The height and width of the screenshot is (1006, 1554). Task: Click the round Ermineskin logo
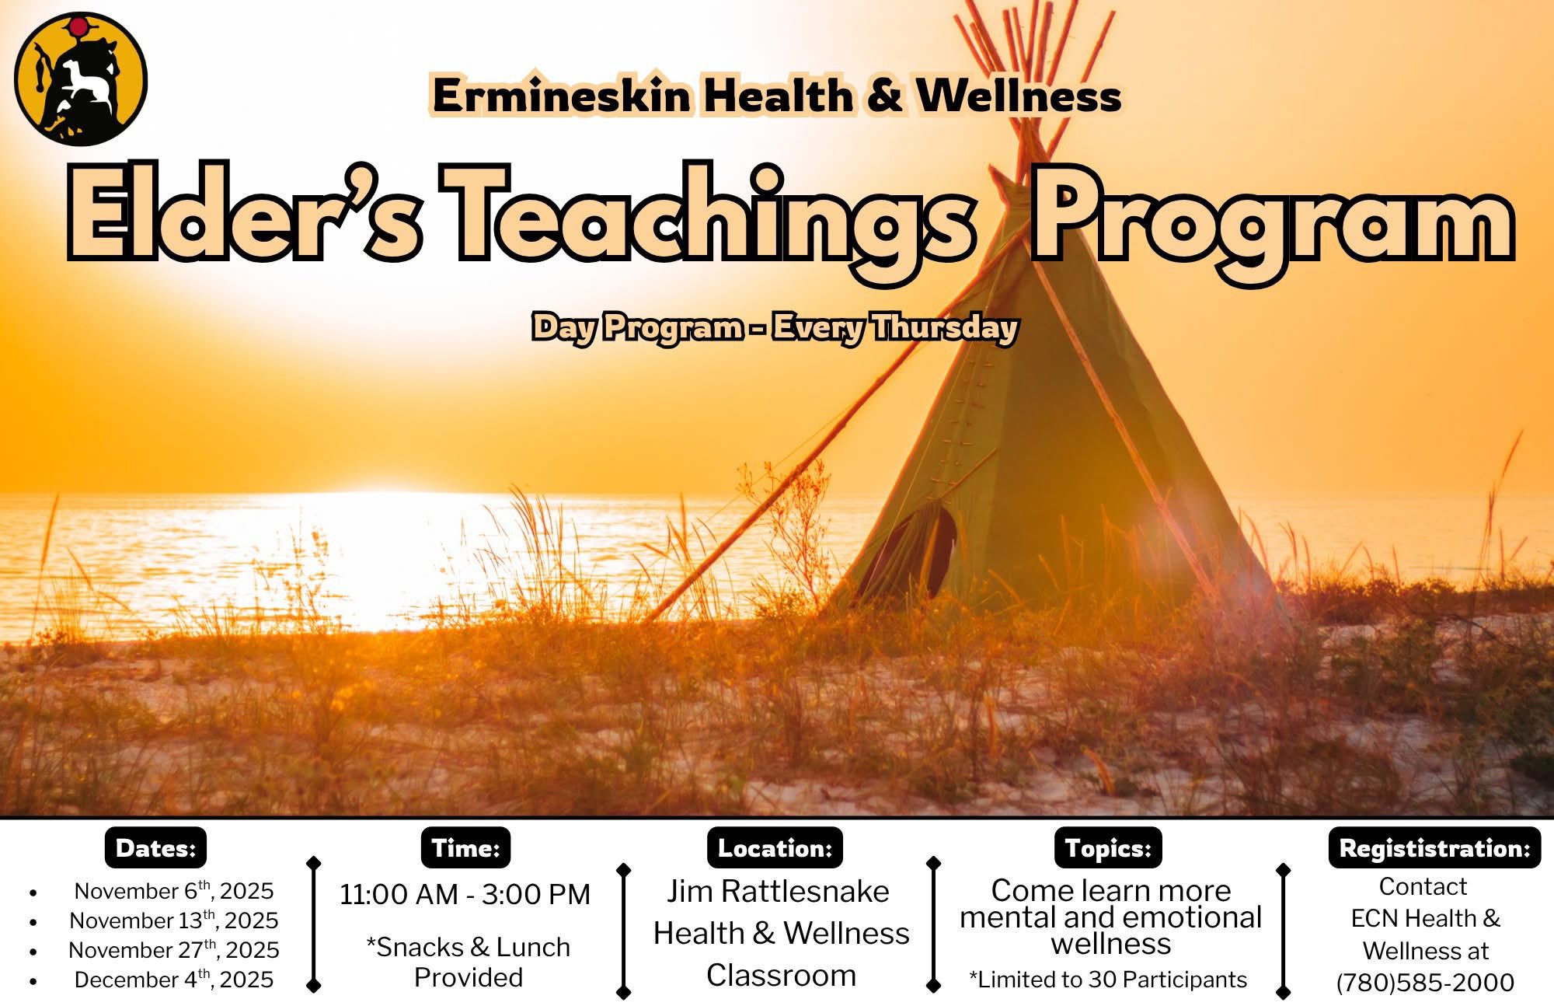[81, 80]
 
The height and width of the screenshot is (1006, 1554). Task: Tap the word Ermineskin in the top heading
[561, 96]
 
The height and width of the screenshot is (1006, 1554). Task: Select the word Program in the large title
[1272, 221]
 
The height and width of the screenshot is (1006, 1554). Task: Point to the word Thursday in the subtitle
[943, 328]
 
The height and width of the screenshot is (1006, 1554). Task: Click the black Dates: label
[155, 847]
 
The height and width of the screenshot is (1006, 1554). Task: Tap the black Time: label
[465, 847]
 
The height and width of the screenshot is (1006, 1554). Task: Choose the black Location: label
[775, 847]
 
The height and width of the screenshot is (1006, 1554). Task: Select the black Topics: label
[1108, 847]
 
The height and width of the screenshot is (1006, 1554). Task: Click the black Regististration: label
[1434, 847]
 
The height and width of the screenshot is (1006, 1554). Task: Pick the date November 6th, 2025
[174, 890]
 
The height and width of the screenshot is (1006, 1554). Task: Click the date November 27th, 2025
[174, 949]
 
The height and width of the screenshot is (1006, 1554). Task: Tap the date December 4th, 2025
[174, 979]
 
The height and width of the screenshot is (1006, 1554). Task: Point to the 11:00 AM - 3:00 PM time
[465, 894]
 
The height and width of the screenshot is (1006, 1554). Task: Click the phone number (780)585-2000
[1426, 983]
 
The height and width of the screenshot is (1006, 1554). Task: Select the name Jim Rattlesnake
[778, 891]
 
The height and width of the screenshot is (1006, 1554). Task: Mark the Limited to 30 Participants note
[1108, 980]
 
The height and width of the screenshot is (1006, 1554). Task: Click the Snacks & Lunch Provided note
[469, 962]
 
